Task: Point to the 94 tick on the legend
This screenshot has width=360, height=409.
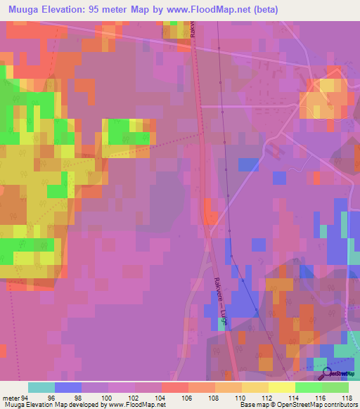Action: click(27, 397)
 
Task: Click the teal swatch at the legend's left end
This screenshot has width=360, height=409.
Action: click(41, 387)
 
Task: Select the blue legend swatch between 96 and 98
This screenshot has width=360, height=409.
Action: click(67, 387)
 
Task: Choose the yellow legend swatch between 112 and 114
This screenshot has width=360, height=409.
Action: click(281, 387)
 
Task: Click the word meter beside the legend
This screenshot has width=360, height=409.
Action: click(11, 397)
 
